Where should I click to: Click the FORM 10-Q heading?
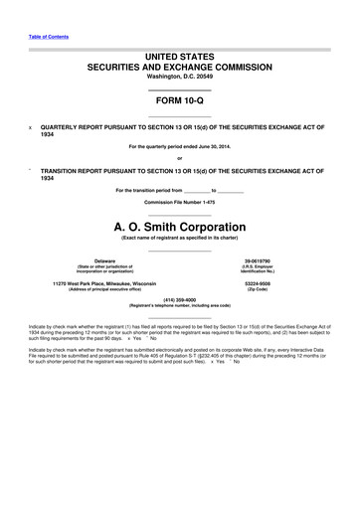click(180, 101)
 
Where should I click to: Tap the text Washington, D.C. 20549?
click(180, 76)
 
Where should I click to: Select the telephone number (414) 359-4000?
click(180, 299)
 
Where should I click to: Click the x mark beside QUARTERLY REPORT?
click(30, 128)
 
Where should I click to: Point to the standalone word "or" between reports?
click(179, 159)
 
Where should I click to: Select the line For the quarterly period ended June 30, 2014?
click(180, 147)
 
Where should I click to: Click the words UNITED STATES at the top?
click(180, 52)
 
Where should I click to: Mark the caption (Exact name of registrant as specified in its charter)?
click(180, 239)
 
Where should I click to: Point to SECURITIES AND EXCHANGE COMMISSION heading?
click(180, 65)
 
